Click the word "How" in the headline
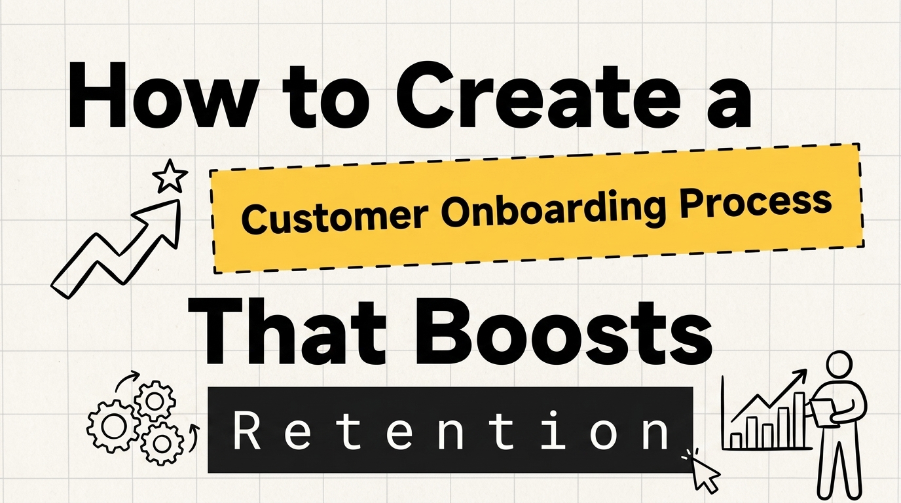tap(163, 96)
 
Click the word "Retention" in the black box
tap(450, 430)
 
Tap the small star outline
tap(170, 176)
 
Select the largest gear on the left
tap(111, 426)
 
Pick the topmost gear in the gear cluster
tap(155, 401)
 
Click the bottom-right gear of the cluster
tap(162, 443)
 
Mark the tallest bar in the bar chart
tap(799, 420)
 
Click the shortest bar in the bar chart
tap(736, 441)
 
